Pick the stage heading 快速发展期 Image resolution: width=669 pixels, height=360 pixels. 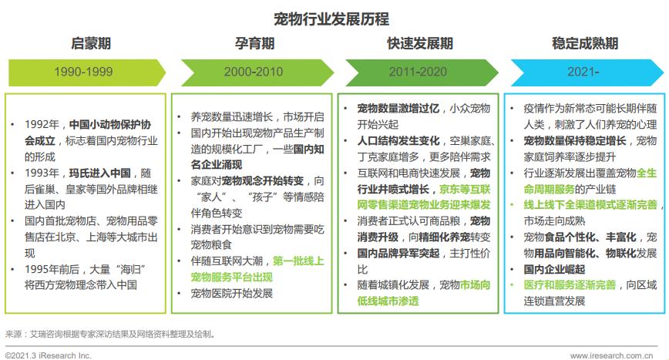coord(419,43)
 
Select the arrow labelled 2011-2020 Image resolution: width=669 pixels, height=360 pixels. coord(419,72)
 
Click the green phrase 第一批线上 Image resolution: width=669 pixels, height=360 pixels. coord(281,261)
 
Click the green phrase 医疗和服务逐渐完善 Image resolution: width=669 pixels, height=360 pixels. coord(570,284)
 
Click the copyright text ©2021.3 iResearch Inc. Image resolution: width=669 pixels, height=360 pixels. coord(48,355)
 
